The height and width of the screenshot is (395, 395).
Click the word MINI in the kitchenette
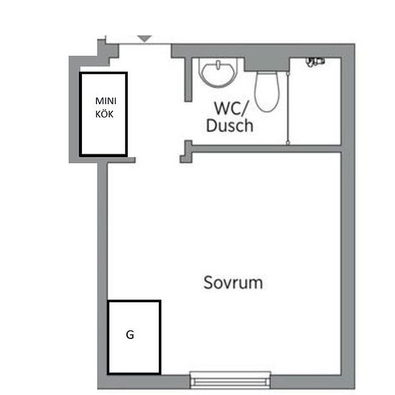[x=106, y=101]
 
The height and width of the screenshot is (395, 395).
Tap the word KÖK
[x=104, y=114]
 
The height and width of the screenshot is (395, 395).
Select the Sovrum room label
[x=233, y=282]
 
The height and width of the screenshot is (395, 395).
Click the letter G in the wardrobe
[x=130, y=335]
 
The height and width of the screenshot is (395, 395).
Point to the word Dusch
[x=230, y=125]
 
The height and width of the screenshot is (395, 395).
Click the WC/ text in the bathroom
[x=231, y=108]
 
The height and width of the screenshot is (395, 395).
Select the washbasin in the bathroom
[x=218, y=73]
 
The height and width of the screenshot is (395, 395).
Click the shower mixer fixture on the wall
[x=315, y=62]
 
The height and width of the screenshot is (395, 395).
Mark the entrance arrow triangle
[x=144, y=39]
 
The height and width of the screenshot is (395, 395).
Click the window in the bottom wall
[x=231, y=380]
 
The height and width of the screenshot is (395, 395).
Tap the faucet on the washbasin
[x=218, y=65]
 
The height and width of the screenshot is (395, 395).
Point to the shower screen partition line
[x=288, y=108]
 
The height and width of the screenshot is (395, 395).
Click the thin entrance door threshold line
[x=145, y=45]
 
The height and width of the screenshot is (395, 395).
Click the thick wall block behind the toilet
[x=266, y=65]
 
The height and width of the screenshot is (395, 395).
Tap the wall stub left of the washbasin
[x=188, y=80]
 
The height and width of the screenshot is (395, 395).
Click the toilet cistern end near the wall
[x=266, y=73]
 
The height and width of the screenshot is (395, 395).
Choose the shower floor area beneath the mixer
[x=315, y=106]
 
